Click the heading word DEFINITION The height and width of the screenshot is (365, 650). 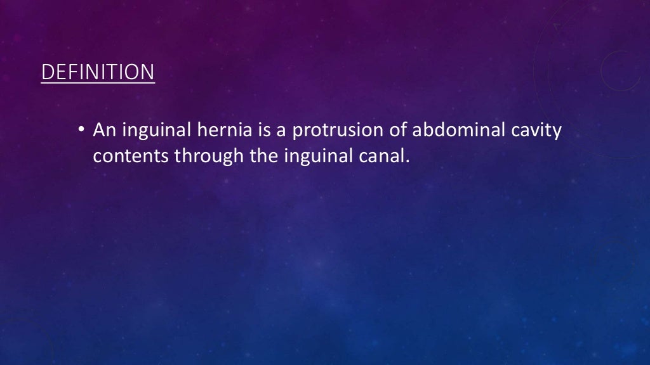97,72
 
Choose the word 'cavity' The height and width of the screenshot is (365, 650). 538,132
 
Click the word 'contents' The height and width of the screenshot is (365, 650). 131,156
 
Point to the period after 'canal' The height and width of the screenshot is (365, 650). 402,161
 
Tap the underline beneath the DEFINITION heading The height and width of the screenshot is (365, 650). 97,82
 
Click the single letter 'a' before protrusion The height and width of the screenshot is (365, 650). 281,132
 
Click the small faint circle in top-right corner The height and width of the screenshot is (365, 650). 621,70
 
